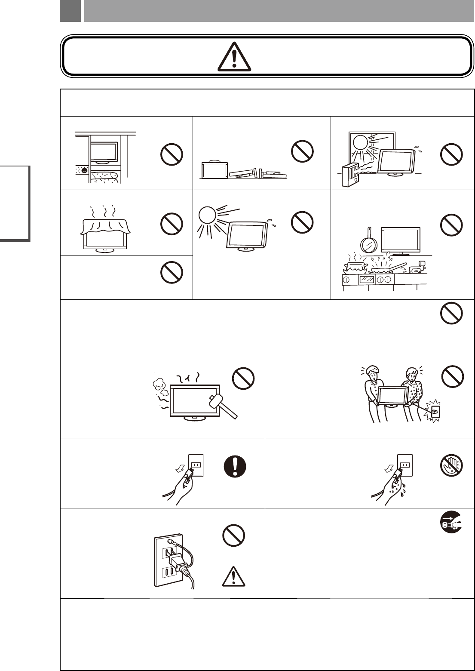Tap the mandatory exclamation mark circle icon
[x=235, y=466]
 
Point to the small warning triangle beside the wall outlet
[x=234, y=576]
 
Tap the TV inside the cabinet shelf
[x=104, y=152]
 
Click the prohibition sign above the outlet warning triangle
[x=234, y=536]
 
